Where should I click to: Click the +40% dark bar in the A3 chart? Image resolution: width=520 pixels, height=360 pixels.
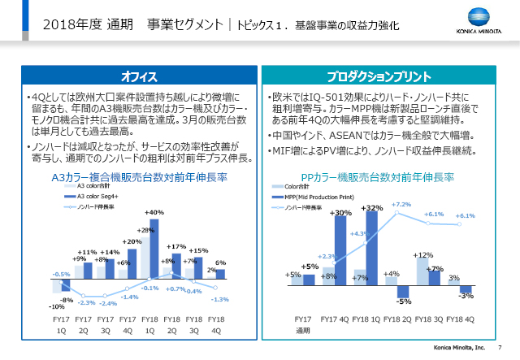point(155,248)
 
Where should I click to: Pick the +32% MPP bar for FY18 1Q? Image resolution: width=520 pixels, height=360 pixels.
point(374,249)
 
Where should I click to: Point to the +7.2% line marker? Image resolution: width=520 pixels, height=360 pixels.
point(398,214)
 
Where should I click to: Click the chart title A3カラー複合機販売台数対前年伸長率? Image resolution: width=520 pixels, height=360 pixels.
point(138,176)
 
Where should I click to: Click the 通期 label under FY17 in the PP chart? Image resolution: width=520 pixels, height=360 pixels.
point(302,332)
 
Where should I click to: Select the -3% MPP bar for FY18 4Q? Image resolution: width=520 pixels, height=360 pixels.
point(466,288)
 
